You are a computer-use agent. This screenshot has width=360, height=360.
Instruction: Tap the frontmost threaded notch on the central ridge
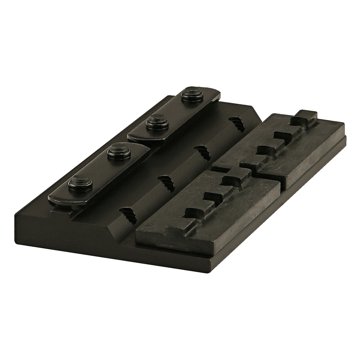[x=126, y=214]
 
